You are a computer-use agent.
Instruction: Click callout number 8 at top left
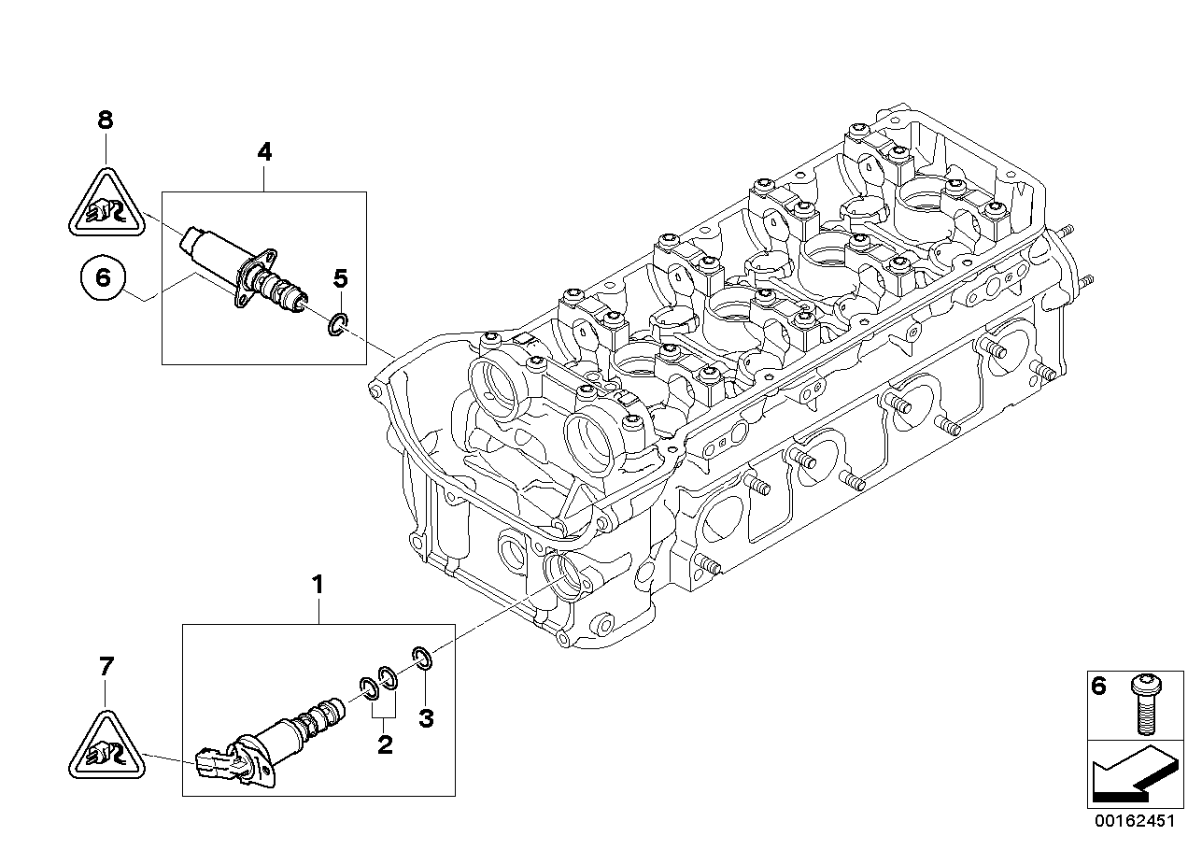point(105,120)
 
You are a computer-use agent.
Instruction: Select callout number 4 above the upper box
point(264,152)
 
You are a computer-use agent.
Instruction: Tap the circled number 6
point(103,276)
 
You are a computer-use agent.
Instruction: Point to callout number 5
point(341,277)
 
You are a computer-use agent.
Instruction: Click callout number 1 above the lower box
point(318,586)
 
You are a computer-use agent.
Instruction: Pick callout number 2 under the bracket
point(384,744)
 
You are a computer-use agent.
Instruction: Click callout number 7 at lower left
point(106,667)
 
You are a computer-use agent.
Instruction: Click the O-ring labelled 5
point(338,323)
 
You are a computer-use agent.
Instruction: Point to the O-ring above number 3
point(421,658)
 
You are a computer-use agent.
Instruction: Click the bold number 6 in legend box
point(1099,687)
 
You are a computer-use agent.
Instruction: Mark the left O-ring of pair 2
point(368,688)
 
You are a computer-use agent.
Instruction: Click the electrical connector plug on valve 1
point(213,763)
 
